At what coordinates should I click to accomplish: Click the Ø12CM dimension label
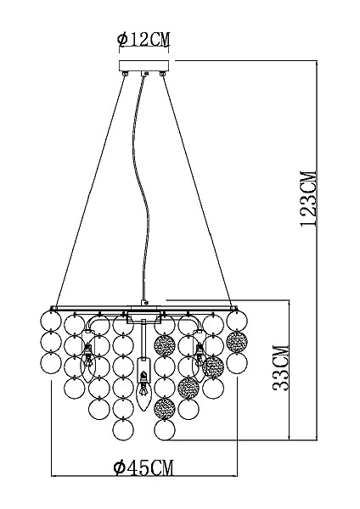point(143,39)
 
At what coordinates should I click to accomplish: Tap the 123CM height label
point(308,199)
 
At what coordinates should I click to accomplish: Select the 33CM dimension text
point(281,368)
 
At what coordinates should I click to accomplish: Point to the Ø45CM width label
point(143,467)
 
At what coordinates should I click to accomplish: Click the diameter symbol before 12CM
point(122,40)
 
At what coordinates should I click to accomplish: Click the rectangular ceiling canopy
point(144,66)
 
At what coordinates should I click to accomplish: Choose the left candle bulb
point(87,366)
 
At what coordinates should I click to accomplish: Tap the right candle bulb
point(199,364)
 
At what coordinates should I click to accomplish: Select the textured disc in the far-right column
point(237,342)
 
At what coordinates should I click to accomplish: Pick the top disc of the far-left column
point(51,321)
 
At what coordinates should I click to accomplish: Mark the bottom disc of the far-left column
point(51,363)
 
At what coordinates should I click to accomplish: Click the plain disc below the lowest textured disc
point(165,430)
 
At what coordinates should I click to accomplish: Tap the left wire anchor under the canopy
point(125,74)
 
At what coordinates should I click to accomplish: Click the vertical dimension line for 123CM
point(317,250)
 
